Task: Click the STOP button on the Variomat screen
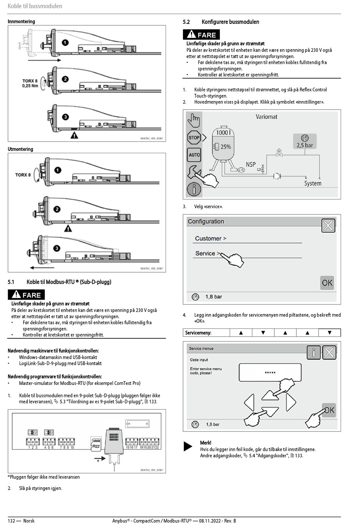point(194,138)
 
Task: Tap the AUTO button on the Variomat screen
point(194,155)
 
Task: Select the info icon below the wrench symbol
point(194,189)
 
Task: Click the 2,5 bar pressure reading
point(305,145)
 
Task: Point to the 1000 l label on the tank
point(223,132)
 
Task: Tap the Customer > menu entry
point(210,239)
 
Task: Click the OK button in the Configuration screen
point(327,283)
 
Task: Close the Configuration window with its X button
point(328,226)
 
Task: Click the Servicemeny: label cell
point(198,333)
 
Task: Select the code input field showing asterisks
point(270,372)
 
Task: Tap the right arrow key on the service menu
point(291,402)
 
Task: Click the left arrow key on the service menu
point(249,402)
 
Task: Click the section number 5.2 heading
point(186,22)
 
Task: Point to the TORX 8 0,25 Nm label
point(30,83)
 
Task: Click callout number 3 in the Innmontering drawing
point(66,117)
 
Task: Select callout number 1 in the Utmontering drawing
point(58,170)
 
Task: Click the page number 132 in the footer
point(11,521)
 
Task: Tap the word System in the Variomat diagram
point(313,184)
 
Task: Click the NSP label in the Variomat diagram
point(250,165)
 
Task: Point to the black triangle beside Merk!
point(188,446)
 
